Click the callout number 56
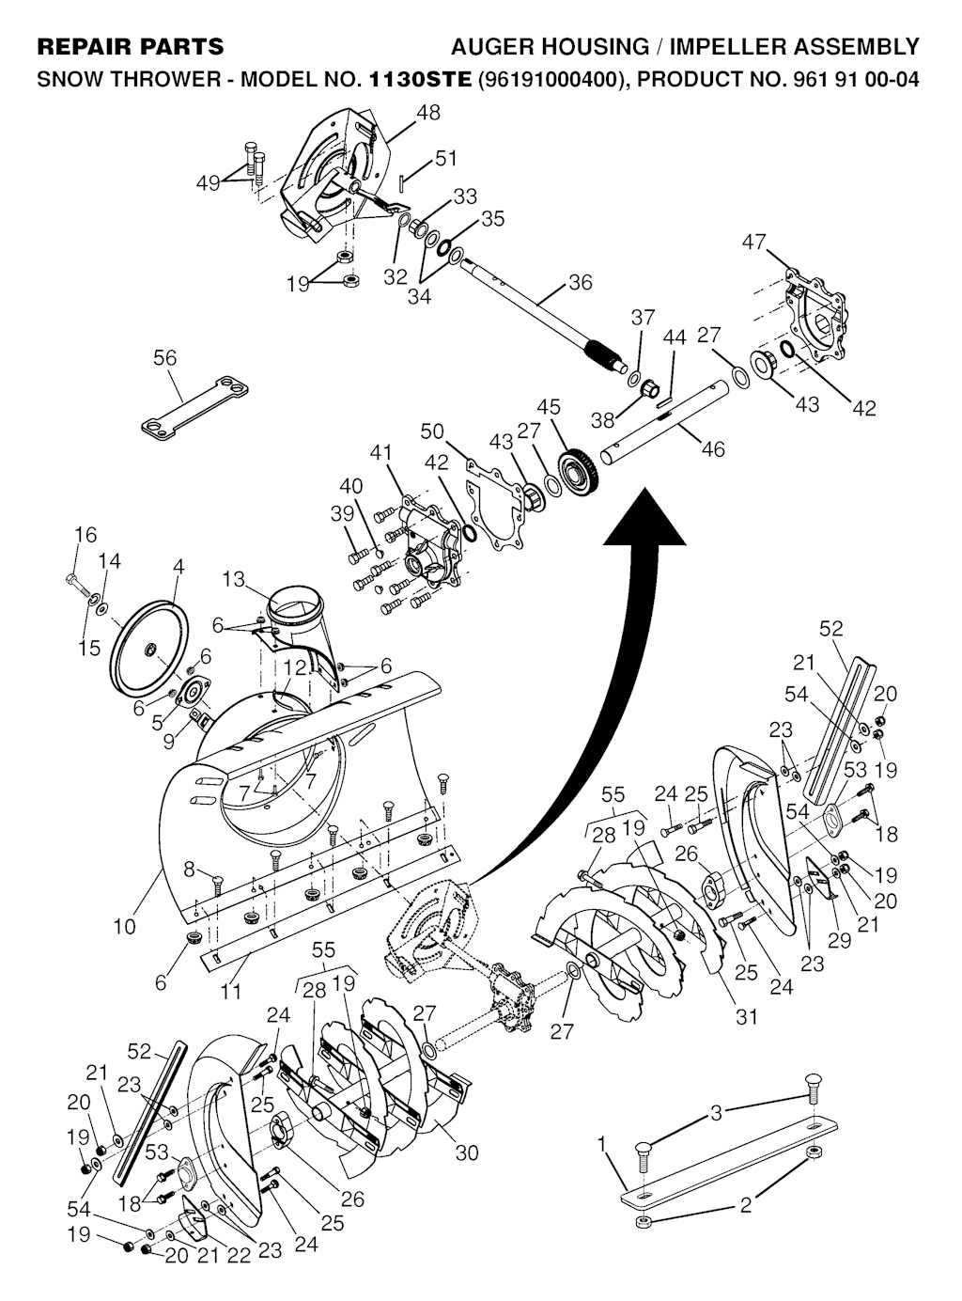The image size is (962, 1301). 164,358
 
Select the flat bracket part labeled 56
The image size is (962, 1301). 196,405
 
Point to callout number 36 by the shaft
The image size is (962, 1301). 581,281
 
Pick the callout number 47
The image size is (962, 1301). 754,242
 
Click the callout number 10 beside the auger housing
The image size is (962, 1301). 124,926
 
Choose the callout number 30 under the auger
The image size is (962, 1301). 467,1152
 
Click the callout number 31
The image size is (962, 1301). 747,1016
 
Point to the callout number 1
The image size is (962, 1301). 602,1144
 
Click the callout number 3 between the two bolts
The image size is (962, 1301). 717,1113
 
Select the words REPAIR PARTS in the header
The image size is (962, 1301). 130,46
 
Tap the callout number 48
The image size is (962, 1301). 427,113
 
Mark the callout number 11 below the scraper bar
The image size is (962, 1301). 231,991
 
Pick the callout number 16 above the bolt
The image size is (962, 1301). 85,535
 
